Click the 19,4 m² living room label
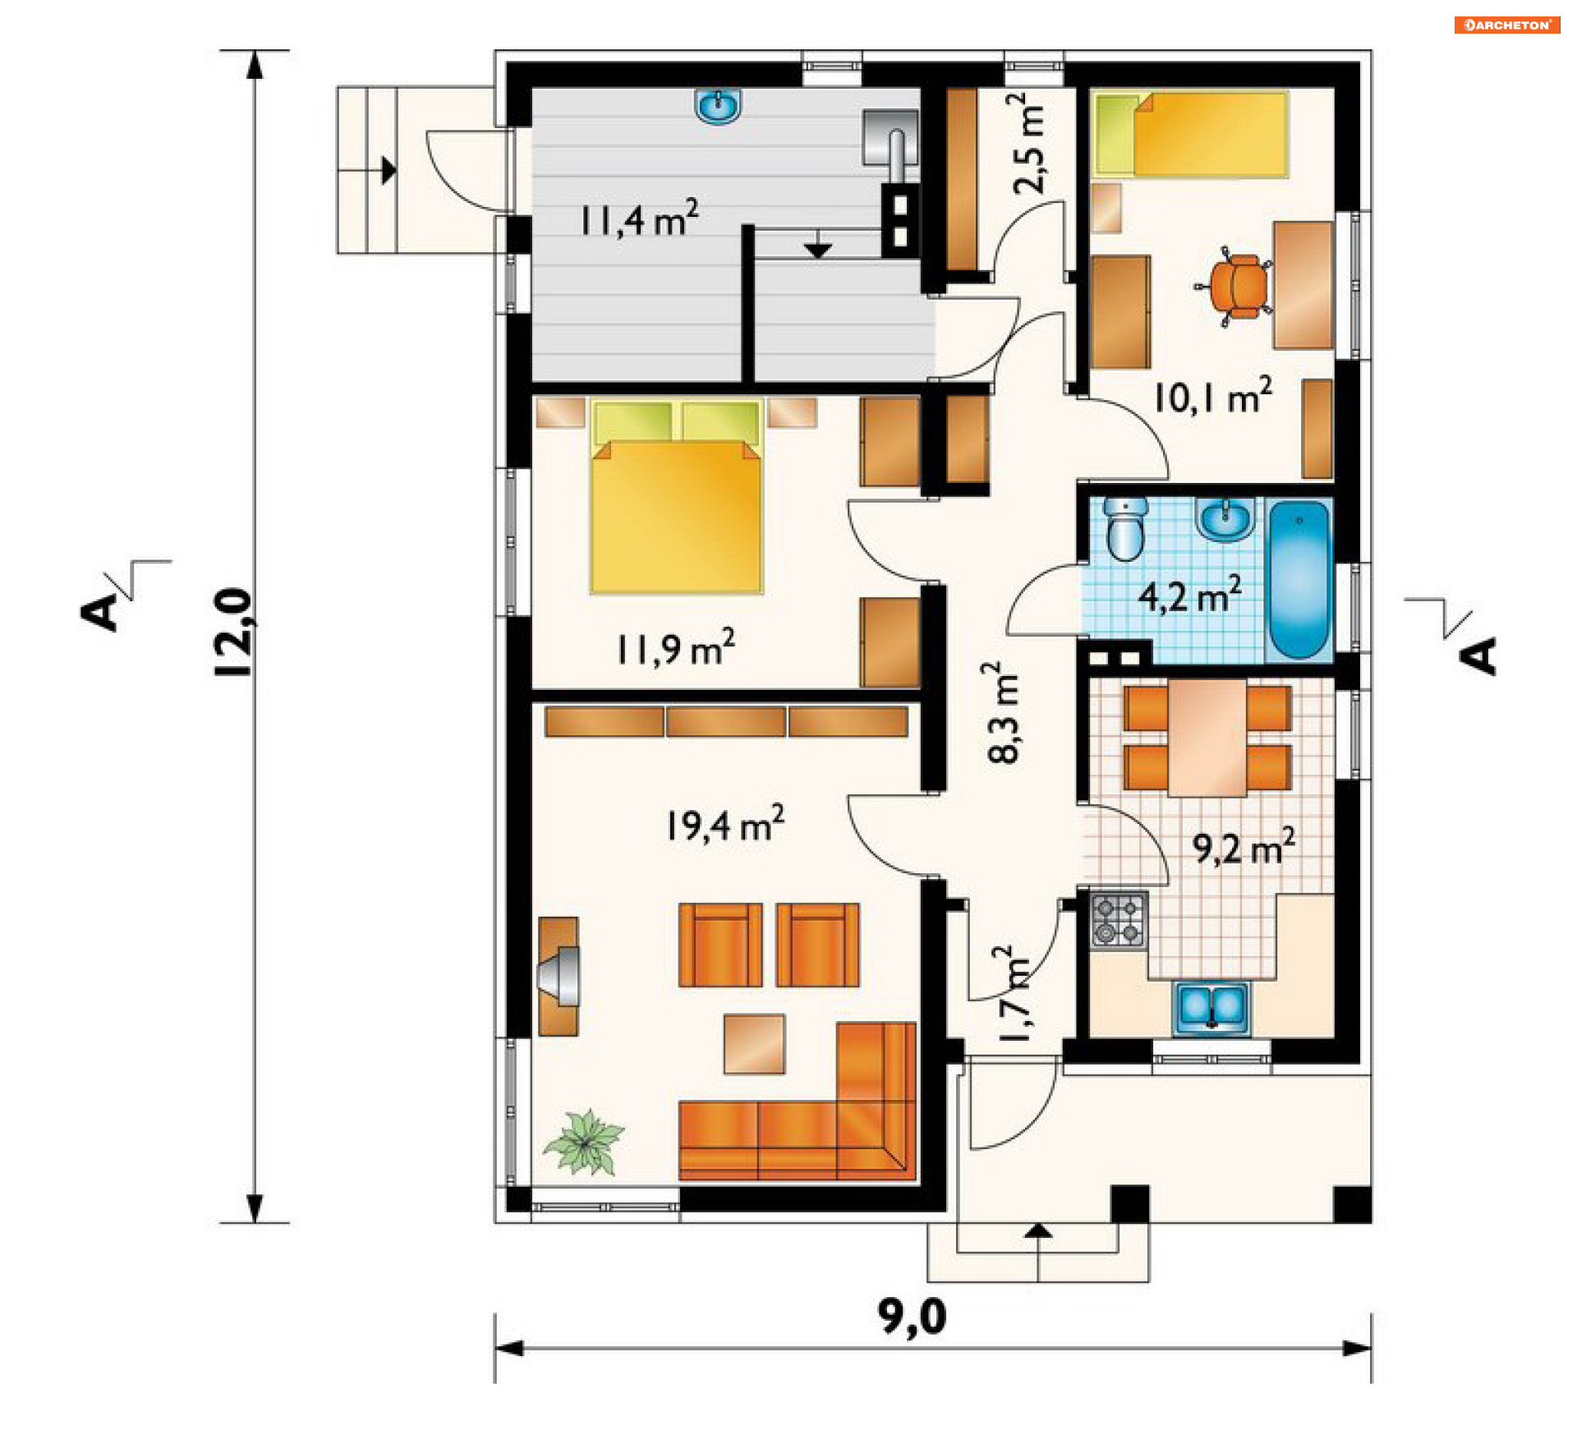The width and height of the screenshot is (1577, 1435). coord(724,824)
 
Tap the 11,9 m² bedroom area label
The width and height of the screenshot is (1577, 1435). coord(675,648)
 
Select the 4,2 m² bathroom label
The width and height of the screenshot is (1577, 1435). coord(1189,595)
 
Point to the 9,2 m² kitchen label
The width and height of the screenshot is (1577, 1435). coord(1244,846)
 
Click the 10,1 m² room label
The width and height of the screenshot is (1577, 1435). coord(1213,396)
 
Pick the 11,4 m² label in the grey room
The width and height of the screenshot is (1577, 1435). coord(639,218)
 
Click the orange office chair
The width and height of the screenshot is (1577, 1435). coord(1234,287)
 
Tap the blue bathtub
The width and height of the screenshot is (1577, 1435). coord(1299,580)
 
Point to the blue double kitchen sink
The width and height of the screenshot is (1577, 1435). coord(1211,1007)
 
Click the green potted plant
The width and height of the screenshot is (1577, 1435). coord(584,1143)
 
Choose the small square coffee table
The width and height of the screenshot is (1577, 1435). coord(754,1044)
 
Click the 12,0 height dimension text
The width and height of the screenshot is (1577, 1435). coord(233,632)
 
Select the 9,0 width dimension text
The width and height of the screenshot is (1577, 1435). coord(913,1317)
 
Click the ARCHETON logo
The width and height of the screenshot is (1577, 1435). coord(1507,25)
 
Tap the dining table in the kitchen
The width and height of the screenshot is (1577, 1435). coord(1207,738)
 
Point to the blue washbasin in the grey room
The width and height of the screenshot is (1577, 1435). coord(720,107)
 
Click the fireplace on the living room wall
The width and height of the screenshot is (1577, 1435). coord(559,977)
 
